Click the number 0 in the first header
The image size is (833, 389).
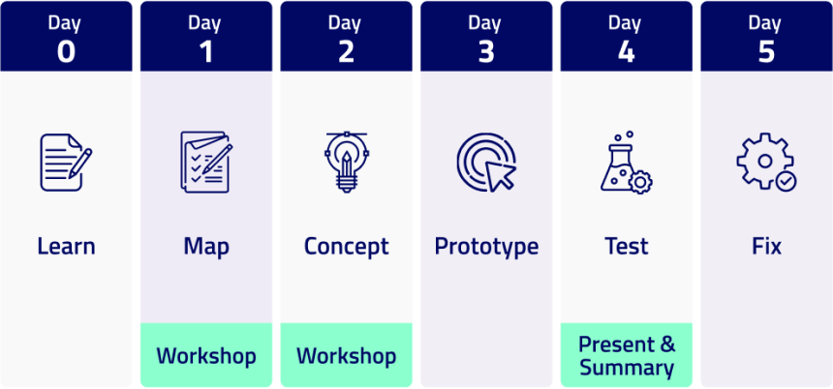coord(66,52)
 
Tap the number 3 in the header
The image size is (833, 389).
coord(486,52)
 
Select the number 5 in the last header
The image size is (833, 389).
coord(766,52)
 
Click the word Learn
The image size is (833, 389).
coord(66,246)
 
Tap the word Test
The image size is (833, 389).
coord(627,246)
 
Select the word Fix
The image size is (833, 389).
coord(766,246)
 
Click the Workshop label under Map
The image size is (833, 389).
coord(206,355)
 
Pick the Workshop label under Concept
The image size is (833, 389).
coord(346,355)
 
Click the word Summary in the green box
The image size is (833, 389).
coord(627,368)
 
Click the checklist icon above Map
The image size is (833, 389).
coord(206,162)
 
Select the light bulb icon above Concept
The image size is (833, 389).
coord(346,162)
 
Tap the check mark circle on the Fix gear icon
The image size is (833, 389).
coord(786,181)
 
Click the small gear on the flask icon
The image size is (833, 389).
coord(640,182)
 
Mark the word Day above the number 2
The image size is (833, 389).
coord(346,24)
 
